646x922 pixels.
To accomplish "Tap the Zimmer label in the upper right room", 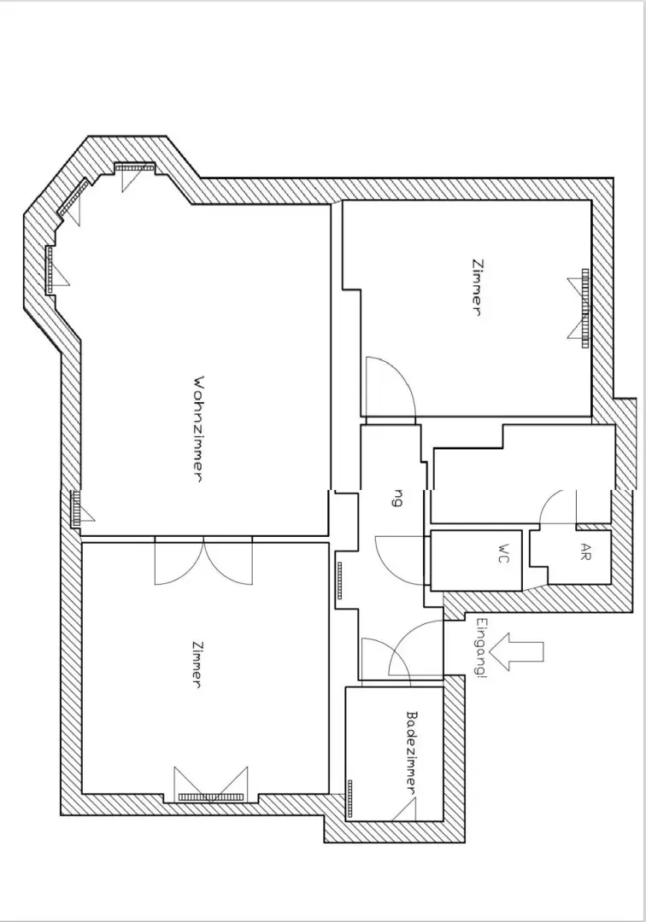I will coord(476,288).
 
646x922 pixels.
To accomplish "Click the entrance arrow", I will coord(521,652).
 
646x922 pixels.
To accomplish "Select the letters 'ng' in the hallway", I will coord(396,499).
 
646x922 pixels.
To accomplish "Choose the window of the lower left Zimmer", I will coord(210,796).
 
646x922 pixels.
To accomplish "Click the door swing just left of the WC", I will coord(400,558).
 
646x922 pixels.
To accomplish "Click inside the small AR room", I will coord(581,559).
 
